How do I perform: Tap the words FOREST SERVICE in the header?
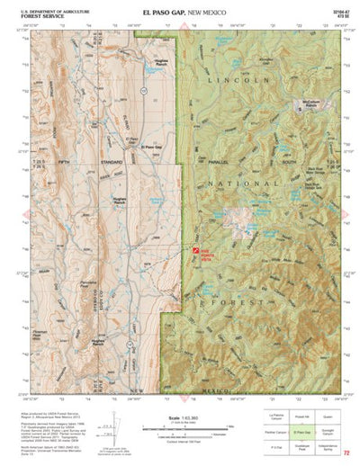point(40,16)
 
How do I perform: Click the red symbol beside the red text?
point(193,255)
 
